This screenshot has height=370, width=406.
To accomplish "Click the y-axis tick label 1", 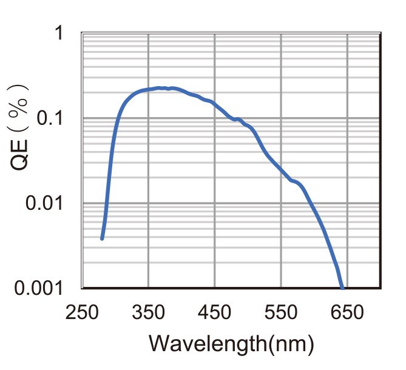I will pyautogui.click(x=59, y=33).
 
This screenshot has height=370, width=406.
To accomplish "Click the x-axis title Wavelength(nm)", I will pyautogui.click(x=231, y=343).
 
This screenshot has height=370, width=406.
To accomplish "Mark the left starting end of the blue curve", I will pyautogui.click(x=102, y=238).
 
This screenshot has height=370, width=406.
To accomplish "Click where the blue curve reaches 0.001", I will pyautogui.click(x=343, y=288).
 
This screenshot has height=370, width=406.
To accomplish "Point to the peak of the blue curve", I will pyautogui.click(x=159, y=88).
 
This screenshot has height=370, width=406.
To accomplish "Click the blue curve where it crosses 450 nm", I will pyautogui.click(x=215, y=104).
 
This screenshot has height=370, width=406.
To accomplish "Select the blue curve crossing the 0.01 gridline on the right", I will pyautogui.click(x=311, y=203).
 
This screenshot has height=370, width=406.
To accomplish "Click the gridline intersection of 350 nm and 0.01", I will pyautogui.click(x=149, y=203).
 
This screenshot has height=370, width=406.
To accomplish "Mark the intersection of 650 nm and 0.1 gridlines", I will pyautogui.click(x=348, y=118).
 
